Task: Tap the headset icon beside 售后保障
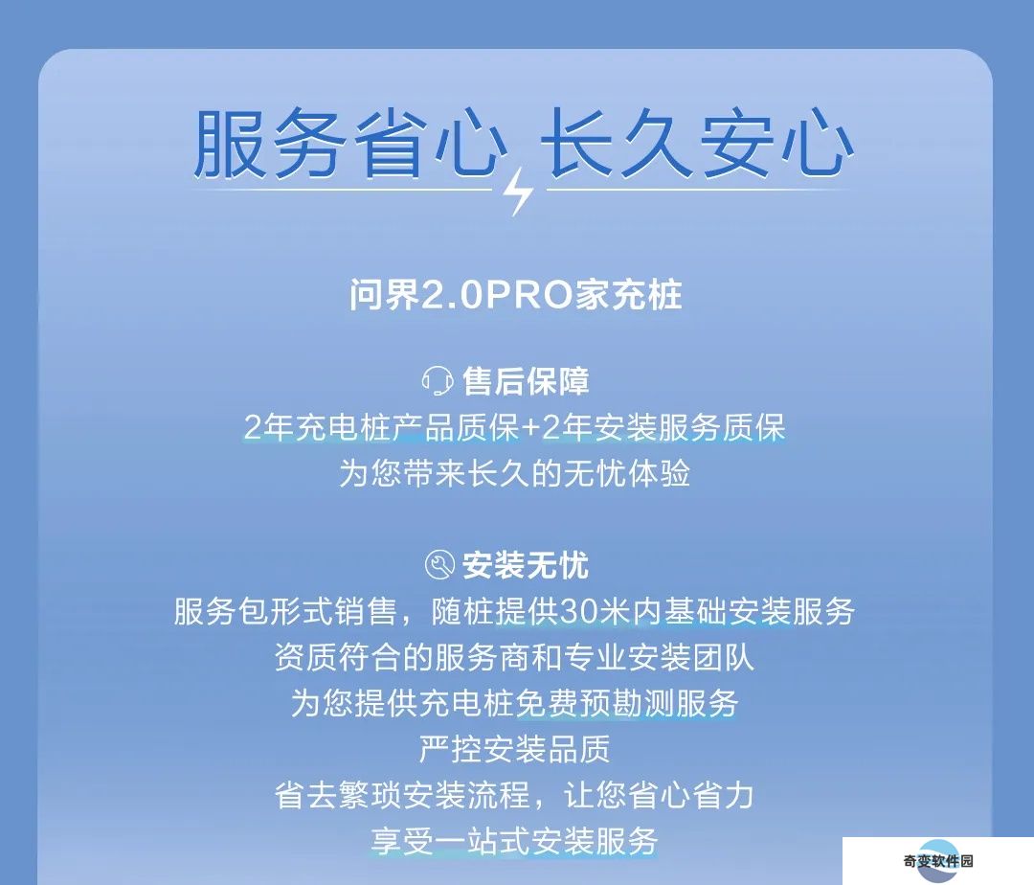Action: (x=438, y=381)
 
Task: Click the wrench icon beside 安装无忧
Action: (x=439, y=565)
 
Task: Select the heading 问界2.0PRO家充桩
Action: (x=516, y=294)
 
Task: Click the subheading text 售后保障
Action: (x=526, y=381)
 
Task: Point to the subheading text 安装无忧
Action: (x=525, y=565)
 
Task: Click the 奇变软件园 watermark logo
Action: (x=938, y=861)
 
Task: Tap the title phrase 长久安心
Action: (x=698, y=143)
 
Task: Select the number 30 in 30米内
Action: (x=578, y=612)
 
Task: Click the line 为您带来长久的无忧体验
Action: (x=515, y=473)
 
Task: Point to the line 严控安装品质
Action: (x=515, y=749)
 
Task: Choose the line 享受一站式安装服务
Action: (x=515, y=841)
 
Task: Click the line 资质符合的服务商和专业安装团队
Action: (x=515, y=657)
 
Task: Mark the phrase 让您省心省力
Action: (x=659, y=795)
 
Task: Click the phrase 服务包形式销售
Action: (x=285, y=611)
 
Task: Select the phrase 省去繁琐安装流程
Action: (x=402, y=795)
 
